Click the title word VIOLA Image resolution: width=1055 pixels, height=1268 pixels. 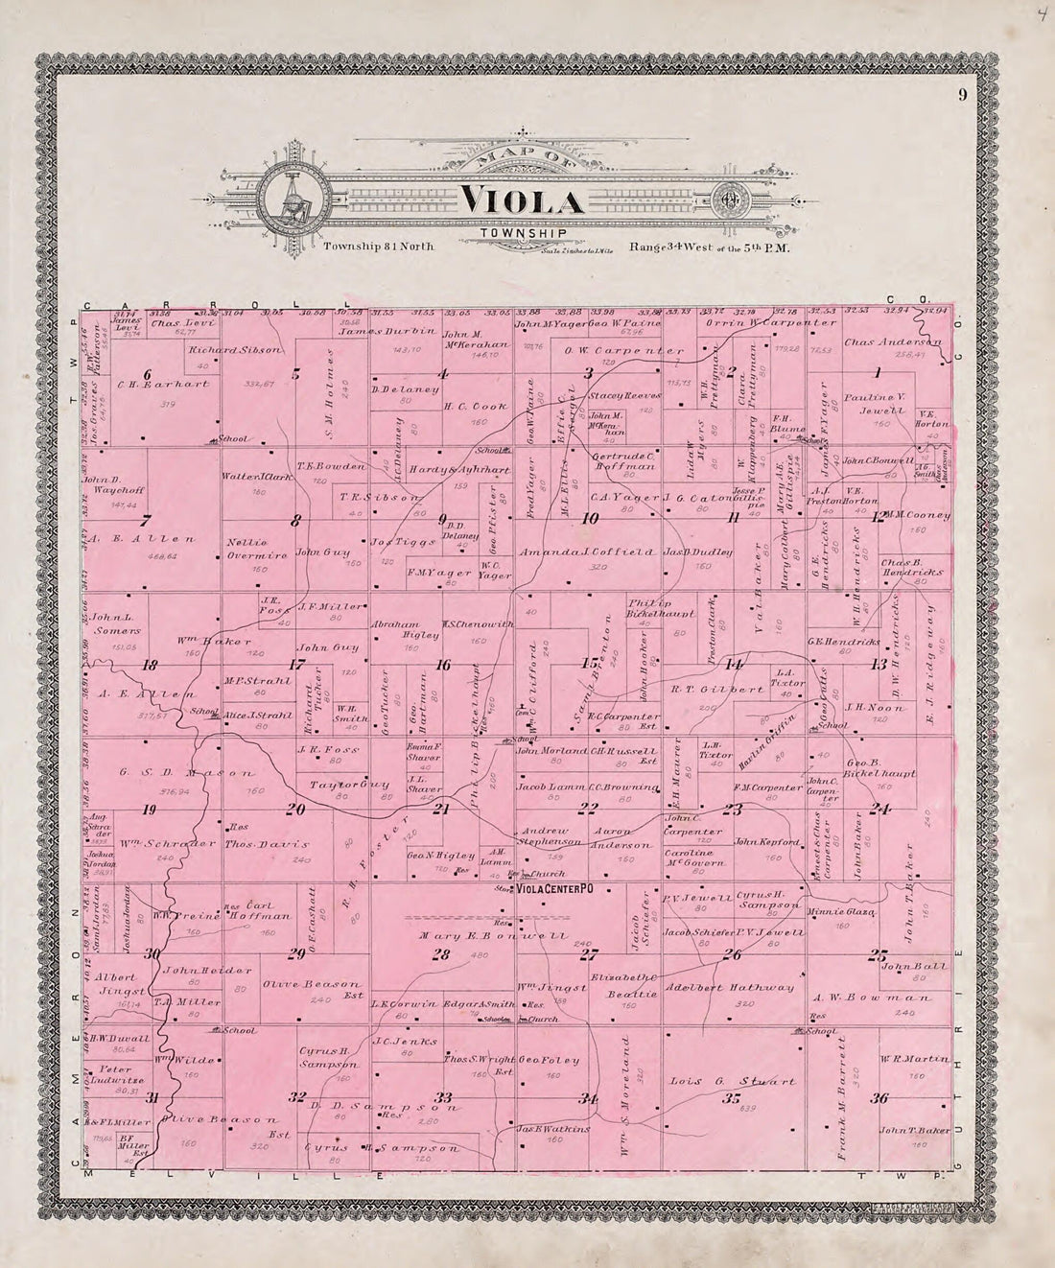point(523,200)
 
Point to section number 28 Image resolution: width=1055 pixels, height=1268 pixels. point(440,954)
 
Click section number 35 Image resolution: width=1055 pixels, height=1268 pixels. point(733,1098)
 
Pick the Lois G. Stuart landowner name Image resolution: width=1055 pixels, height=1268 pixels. point(718,1081)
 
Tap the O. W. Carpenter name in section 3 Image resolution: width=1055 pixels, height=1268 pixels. point(624,350)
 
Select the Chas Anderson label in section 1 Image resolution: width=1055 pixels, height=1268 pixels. point(893,342)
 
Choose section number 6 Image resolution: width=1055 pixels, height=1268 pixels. point(148,374)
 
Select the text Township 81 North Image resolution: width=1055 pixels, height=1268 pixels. point(379,247)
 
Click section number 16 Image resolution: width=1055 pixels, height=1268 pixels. point(443,665)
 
